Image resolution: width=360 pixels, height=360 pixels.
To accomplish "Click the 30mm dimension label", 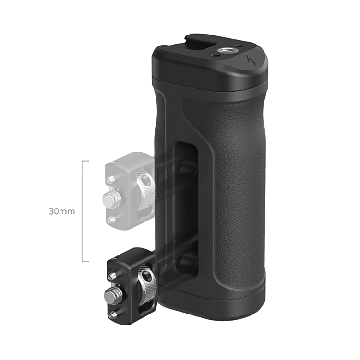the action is (62, 211).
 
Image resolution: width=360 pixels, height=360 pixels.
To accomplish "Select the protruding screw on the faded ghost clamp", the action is (111, 198).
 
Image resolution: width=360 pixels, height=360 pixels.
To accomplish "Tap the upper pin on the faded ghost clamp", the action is (111, 179).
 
